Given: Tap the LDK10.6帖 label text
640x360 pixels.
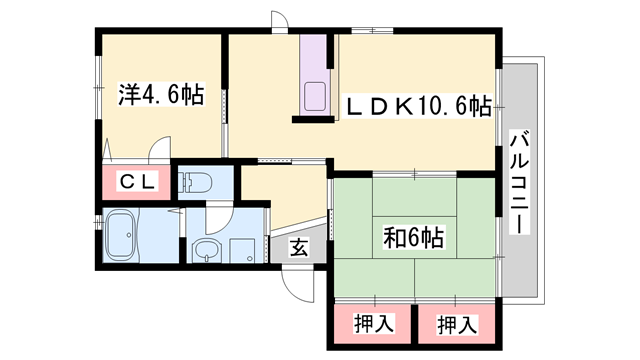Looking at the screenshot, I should click(x=418, y=104).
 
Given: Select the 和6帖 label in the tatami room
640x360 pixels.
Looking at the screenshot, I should click(x=413, y=239).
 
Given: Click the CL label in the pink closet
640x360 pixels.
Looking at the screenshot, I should click(x=136, y=183).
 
